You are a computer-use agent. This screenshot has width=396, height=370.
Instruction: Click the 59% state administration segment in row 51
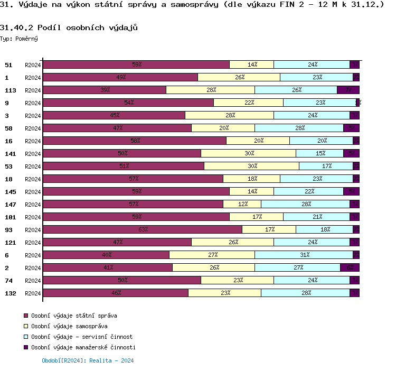pos(136,64)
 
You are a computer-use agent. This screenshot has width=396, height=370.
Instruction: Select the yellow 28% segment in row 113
pos(210,90)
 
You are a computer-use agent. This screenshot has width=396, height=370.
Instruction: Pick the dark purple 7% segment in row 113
pos(348,90)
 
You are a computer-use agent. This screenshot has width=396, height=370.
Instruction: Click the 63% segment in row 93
pos(143,229)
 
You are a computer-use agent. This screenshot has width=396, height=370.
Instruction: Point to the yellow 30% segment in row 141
pos(248,153)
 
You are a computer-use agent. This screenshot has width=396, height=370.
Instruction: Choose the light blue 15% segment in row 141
pos(319,153)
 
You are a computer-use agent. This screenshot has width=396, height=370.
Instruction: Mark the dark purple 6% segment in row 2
pos(350,267)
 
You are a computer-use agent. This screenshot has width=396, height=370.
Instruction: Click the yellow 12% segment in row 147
pos(242,204)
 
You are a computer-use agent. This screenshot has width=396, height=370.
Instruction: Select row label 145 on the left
pos(10,191)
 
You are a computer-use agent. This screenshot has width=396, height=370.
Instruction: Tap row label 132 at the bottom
pos(10,293)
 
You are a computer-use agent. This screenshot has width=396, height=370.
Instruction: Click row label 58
pos(8,128)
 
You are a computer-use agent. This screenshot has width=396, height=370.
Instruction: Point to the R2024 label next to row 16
pos(33,141)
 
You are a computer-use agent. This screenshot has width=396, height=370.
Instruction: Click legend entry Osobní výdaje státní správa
pos(74,316)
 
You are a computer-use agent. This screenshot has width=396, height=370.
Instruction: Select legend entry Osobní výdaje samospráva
pos(69,326)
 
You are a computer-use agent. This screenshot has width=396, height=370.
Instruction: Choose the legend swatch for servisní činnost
pos(26,337)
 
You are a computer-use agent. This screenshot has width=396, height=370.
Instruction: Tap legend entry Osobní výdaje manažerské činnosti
pos(83,347)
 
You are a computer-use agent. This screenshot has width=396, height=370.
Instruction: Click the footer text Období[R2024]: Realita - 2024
pos(88,360)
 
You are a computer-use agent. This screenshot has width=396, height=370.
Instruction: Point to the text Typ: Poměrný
pos(19,39)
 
